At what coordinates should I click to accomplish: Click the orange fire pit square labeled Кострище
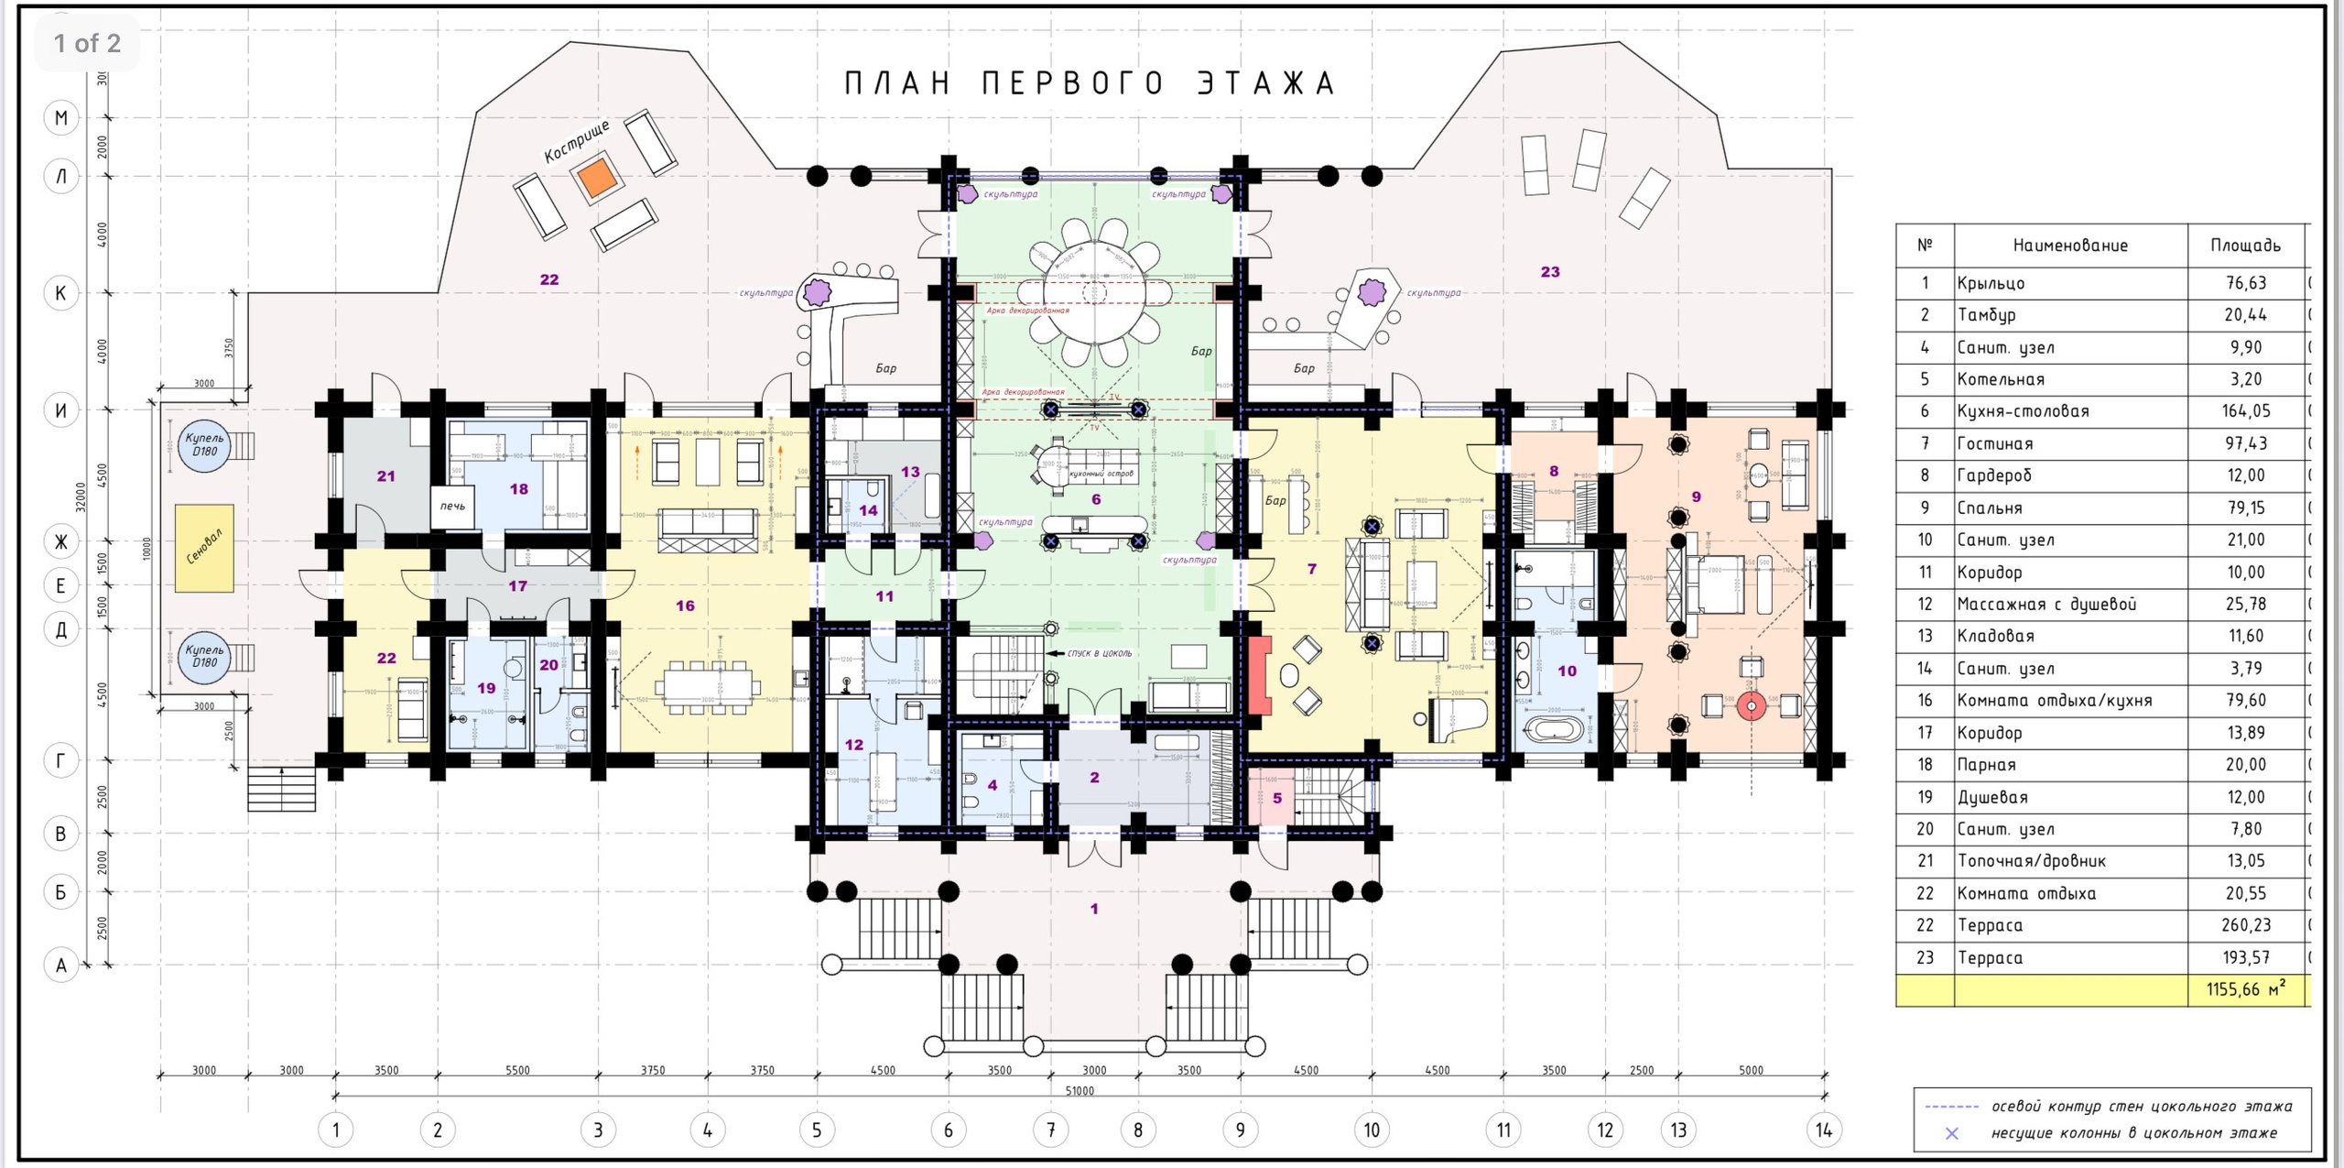coord(597,177)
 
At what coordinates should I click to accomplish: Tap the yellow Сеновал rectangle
coord(204,548)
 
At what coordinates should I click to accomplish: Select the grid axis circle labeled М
coord(61,117)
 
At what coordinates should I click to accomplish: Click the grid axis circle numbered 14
coord(1823,1130)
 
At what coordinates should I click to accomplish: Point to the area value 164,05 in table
coord(2245,411)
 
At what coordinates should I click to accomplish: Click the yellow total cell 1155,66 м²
coord(2245,989)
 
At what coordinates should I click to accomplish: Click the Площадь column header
coord(2245,245)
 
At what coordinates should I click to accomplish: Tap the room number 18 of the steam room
coord(518,489)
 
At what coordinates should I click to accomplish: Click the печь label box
coord(452,507)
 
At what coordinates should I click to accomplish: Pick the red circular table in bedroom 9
coord(1751,706)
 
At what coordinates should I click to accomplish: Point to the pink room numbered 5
coord(1276,798)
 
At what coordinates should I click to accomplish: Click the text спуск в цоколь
coord(1098,653)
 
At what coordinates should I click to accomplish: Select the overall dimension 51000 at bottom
coord(1080,1090)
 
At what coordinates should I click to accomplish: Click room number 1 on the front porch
coord(1093,909)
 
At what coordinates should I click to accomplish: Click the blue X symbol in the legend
coord(1951,1133)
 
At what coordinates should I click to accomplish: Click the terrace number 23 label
coord(1549,272)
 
